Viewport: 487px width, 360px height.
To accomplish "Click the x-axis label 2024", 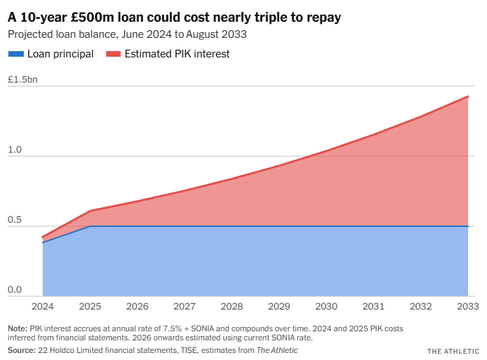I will click(42, 306).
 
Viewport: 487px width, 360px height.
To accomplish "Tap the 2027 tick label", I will click(184, 306).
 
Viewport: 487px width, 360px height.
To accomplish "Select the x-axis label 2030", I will click(326, 306).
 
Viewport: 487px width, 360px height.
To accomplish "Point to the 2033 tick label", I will click(467, 306).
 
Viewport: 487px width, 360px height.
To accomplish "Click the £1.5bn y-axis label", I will click(22, 79).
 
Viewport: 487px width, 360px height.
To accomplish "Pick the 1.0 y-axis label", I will click(14, 150).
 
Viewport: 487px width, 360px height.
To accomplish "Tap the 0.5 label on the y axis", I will click(14, 220).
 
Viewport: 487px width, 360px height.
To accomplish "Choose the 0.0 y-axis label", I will click(14, 290).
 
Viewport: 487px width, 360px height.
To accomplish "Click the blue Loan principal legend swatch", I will click(15, 54).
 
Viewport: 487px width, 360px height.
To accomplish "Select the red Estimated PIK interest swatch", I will click(112, 54).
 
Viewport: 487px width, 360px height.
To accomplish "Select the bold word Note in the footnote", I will click(17, 328).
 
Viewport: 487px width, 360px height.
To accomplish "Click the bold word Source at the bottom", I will click(21, 349).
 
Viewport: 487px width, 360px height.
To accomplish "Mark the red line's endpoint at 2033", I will click(467, 97).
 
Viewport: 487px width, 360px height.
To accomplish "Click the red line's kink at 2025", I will click(90, 211).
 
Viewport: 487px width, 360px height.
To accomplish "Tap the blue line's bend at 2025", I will click(90, 226).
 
